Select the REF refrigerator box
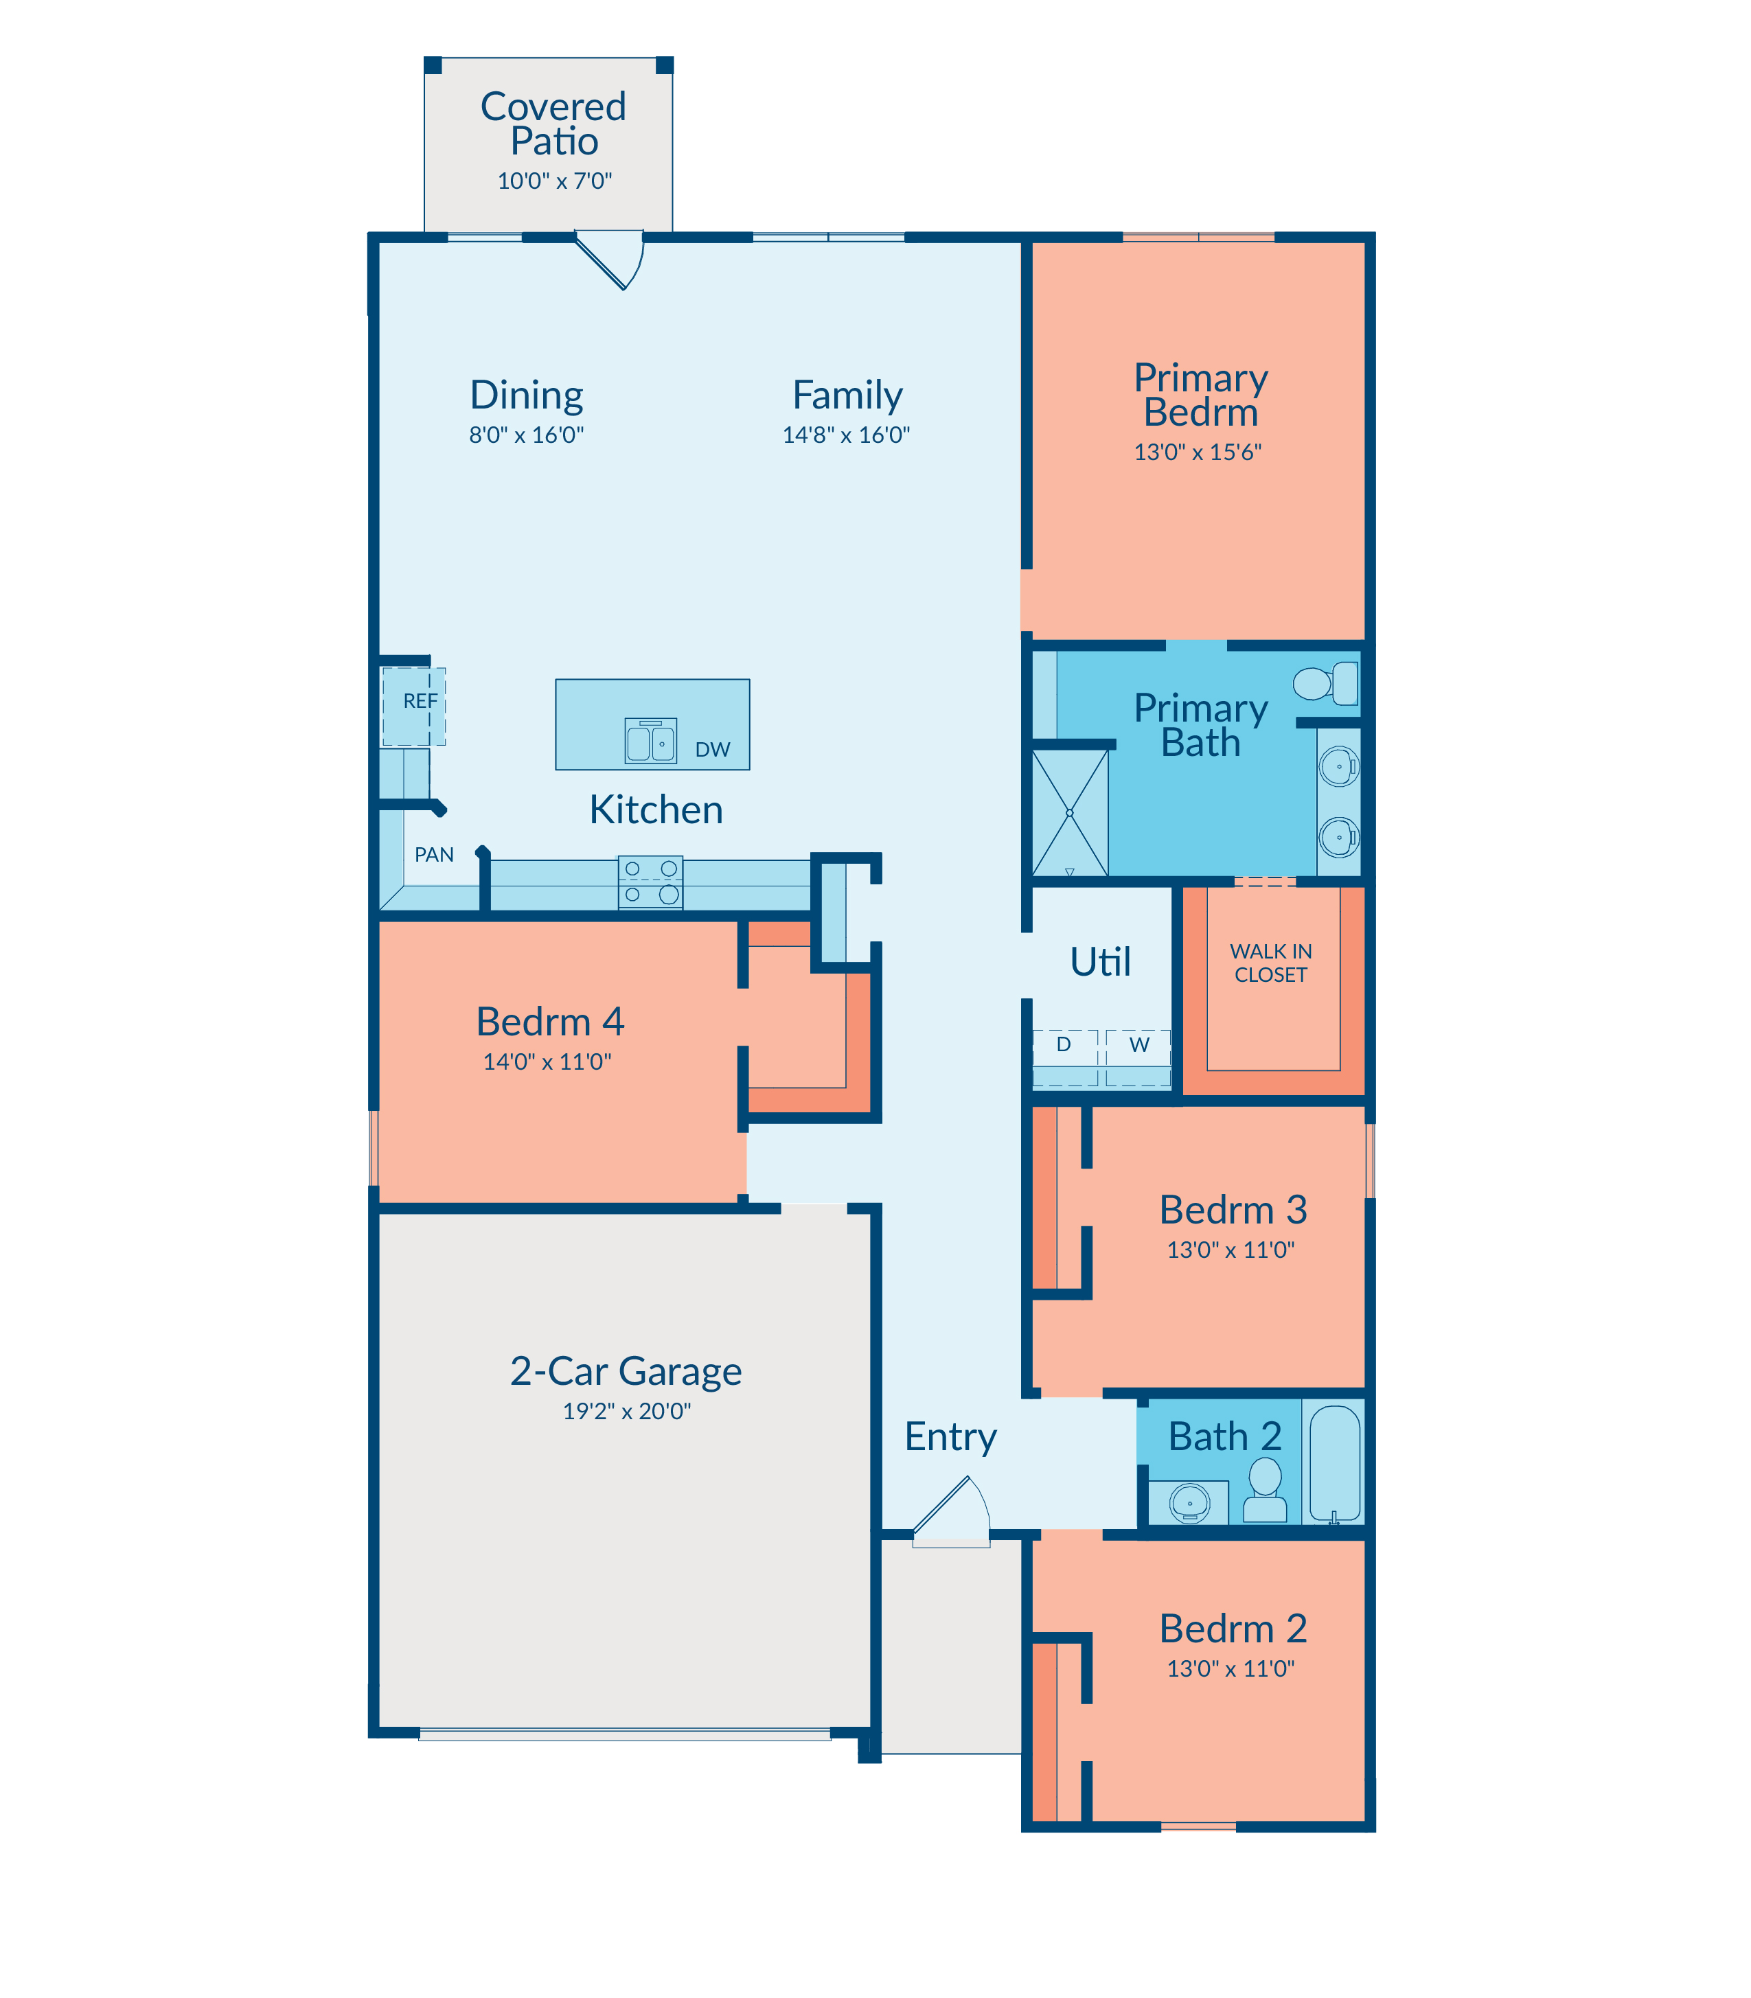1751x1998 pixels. click(413, 707)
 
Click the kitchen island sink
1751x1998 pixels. click(651, 741)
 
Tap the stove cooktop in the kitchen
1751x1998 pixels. click(651, 882)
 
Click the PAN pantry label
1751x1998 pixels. click(434, 855)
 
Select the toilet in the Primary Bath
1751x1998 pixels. click(1326, 683)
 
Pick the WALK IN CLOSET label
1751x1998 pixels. click(1270, 963)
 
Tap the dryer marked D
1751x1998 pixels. click(1065, 1057)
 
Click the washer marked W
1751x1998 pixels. click(1138, 1057)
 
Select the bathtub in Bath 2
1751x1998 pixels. click(1335, 1464)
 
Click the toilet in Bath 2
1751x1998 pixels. click(1266, 1490)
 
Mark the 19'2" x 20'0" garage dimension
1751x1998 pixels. click(626, 1411)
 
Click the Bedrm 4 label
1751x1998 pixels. click(550, 1022)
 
